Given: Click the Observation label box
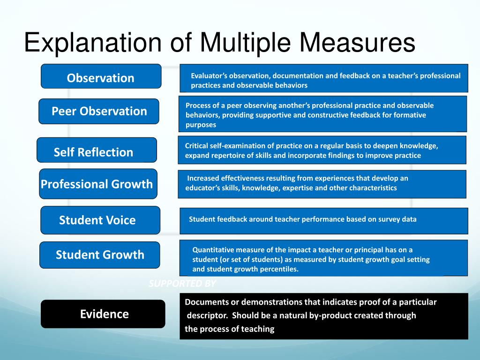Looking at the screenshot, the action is pyautogui.click(x=101, y=77).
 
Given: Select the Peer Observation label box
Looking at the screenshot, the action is pyautogui.click(x=99, y=111).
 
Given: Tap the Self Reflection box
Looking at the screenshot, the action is pyautogui.click(x=97, y=151).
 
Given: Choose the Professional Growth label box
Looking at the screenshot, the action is pyautogui.click(x=98, y=183).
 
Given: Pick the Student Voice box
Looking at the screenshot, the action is pyautogui.click(x=100, y=220).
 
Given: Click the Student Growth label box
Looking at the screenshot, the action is pyautogui.click(x=99, y=255).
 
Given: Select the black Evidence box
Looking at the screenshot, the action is pyautogui.click(x=103, y=314).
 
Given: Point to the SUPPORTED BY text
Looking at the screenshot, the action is pyautogui.click(x=182, y=284).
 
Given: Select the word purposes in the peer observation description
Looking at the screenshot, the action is pyautogui.click(x=201, y=125).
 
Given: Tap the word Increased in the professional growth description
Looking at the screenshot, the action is pyautogui.click(x=202, y=178).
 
